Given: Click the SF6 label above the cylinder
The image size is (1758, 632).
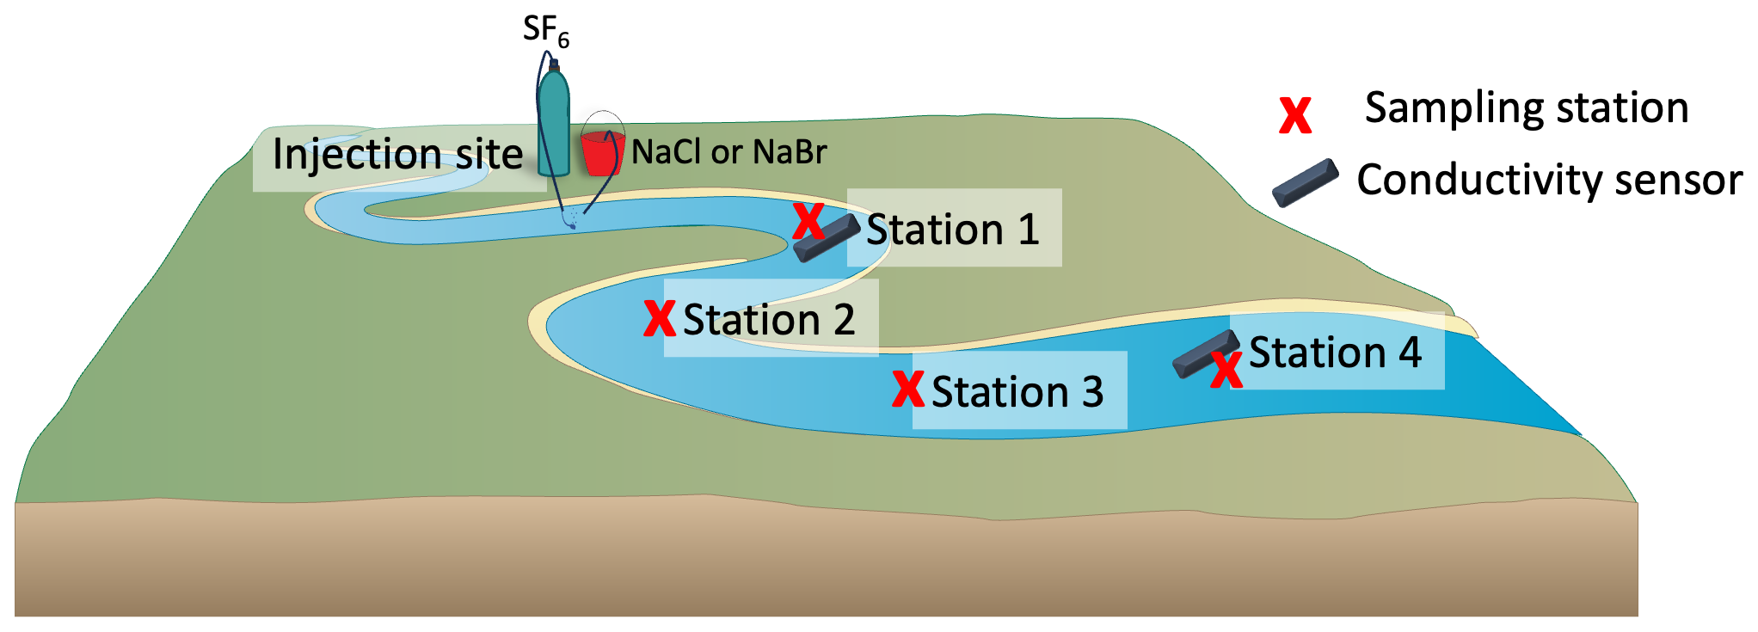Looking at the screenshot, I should (545, 31).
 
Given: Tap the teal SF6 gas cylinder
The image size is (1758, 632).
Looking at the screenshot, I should (554, 125).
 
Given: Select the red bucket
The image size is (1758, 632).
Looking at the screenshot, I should (600, 153).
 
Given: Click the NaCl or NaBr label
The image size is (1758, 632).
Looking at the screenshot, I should (728, 152).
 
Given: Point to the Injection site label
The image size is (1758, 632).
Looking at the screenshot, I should (397, 155).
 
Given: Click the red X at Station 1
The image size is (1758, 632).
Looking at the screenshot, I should (808, 221).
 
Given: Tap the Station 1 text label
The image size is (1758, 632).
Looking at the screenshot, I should (952, 230).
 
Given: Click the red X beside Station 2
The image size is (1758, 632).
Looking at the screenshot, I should (660, 318).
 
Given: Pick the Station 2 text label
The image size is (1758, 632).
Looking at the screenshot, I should (769, 320).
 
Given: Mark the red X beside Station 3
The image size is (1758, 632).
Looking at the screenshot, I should (908, 389).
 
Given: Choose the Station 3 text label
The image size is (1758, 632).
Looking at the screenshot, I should (1017, 392).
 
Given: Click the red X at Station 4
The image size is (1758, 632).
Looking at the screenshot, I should (1226, 371).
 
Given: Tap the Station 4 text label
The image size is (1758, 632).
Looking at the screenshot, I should (1335, 353).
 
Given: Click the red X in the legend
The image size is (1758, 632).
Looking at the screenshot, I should (1295, 115).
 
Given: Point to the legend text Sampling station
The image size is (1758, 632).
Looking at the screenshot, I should (1527, 108).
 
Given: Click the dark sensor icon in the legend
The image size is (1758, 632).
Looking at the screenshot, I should (1306, 182).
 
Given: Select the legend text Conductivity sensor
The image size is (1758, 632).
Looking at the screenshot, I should (1549, 181).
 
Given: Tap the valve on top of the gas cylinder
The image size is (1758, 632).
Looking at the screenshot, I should (554, 64).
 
